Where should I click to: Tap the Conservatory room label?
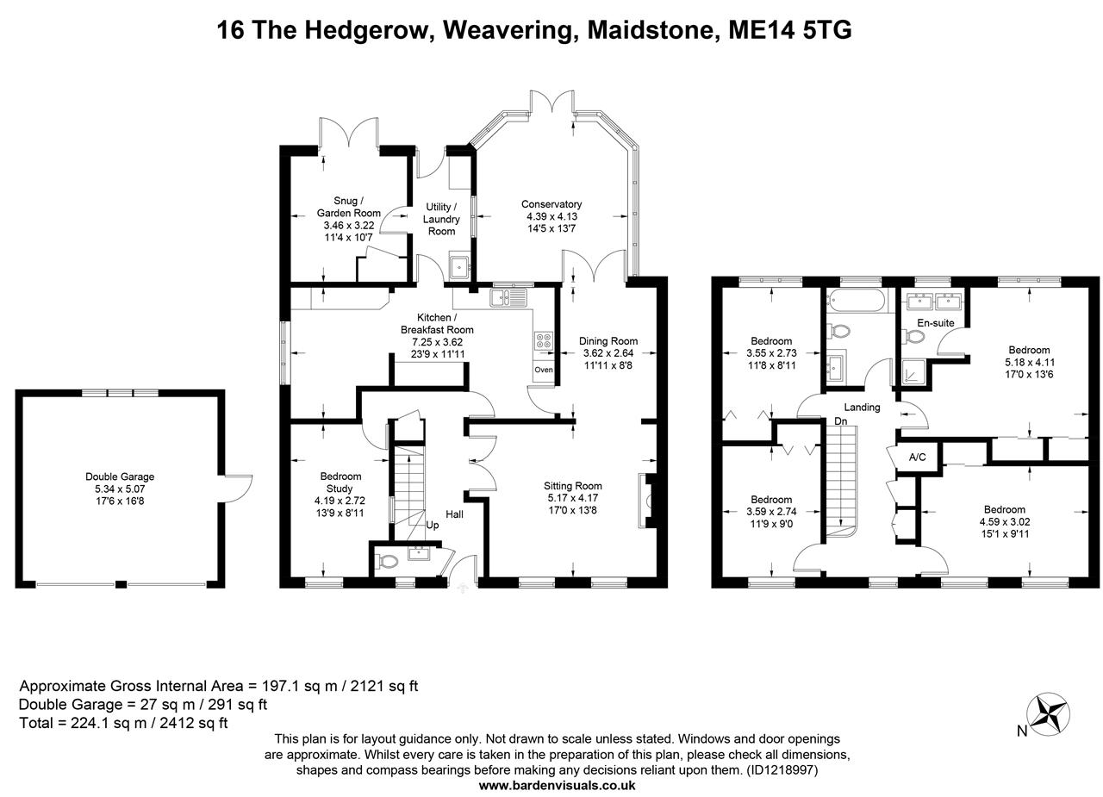tap(551, 204)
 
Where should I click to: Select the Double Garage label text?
tap(120, 476)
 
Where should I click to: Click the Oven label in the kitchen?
tap(543, 370)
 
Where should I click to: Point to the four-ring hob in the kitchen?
tap(544, 340)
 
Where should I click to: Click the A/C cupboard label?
tap(917, 457)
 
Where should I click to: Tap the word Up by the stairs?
tap(432, 524)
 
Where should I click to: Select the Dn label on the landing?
tap(840, 421)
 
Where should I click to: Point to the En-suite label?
tap(935, 322)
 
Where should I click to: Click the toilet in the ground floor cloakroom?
tap(388, 562)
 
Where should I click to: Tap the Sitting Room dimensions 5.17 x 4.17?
tap(574, 498)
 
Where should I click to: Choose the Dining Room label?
tap(608, 340)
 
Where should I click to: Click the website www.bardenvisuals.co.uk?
tap(557, 785)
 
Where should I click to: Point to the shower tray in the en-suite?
tap(913, 372)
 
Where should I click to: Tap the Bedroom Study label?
tap(340, 482)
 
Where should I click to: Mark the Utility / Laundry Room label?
tap(441, 219)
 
